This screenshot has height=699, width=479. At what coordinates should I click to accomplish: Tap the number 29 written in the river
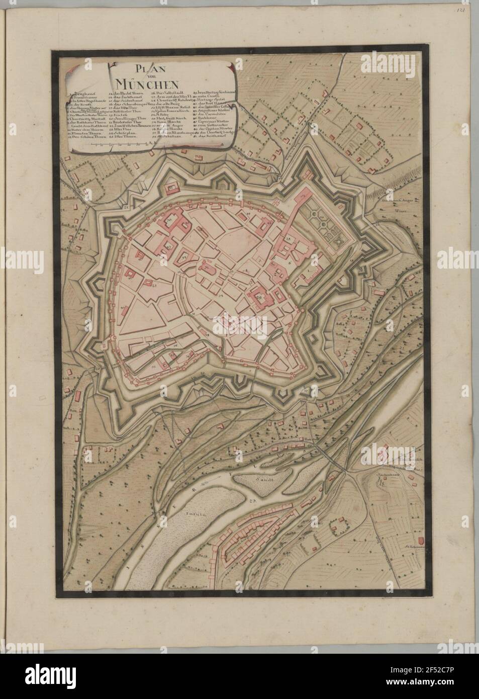click(x=252, y=501)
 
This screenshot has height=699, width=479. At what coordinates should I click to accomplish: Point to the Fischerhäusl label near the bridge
click(x=387, y=474)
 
